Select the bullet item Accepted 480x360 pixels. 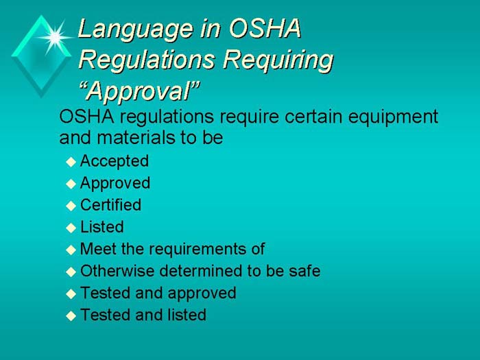pyautogui.click(x=115, y=161)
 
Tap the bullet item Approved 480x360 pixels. pyautogui.click(x=115, y=183)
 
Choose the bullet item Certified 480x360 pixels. pyautogui.click(x=110, y=205)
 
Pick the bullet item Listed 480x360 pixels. pyautogui.click(x=102, y=227)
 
